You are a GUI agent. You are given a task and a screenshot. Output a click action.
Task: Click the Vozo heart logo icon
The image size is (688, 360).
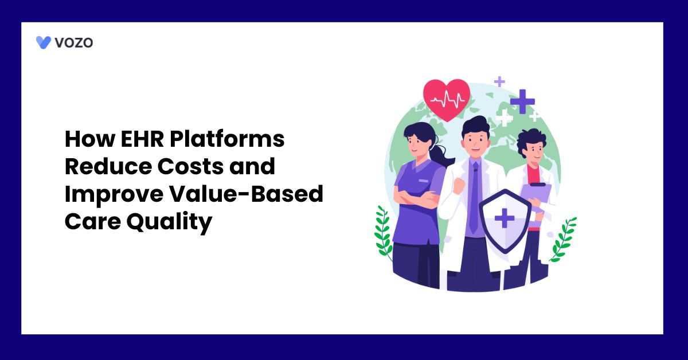[44, 42]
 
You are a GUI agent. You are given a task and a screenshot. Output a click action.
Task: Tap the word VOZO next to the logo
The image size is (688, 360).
[74, 42]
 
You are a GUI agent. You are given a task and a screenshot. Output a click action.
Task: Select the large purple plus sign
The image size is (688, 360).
[522, 101]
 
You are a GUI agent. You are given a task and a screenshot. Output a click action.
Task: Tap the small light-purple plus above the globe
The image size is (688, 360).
[499, 81]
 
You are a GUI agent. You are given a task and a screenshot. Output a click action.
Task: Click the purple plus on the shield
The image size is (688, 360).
[505, 218]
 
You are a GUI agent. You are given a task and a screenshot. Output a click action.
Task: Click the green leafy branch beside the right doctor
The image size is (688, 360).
[562, 238]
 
